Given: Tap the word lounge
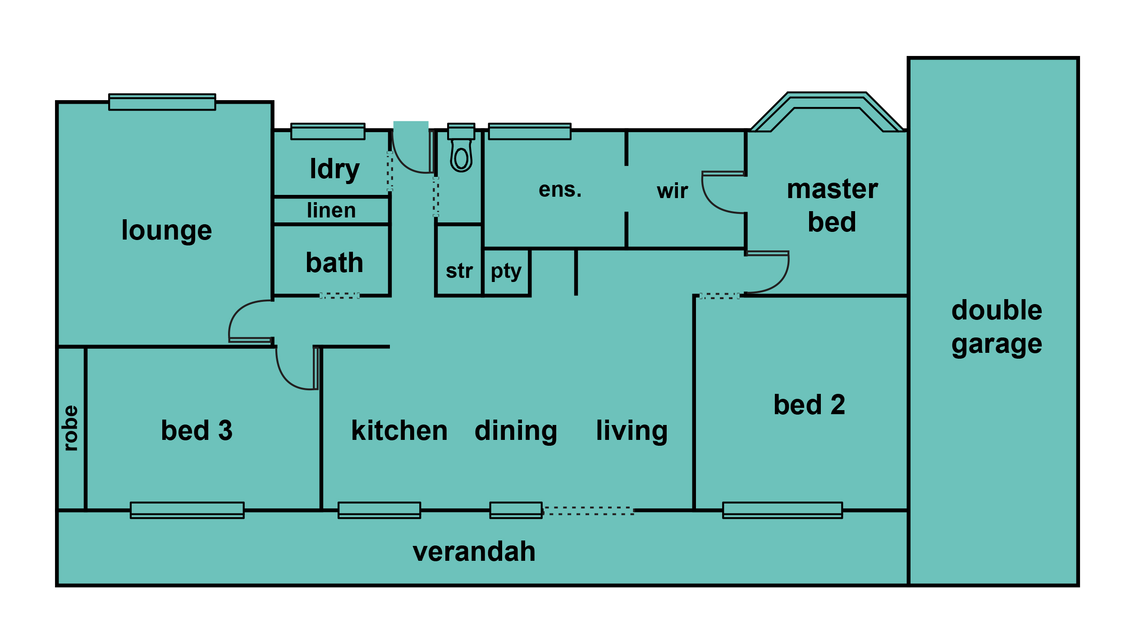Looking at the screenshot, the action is [x=167, y=231].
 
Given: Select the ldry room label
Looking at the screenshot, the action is [x=334, y=170].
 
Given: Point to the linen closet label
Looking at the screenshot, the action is [x=331, y=210].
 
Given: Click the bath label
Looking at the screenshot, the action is [x=334, y=263].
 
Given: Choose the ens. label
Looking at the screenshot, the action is [x=560, y=190].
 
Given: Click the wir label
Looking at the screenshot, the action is [x=673, y=191].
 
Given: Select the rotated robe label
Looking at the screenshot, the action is [x=70, y=428].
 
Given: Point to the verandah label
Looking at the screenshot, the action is [x=474, y=552].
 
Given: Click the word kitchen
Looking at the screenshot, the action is [x=399, y=431].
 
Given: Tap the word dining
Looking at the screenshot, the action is [x=516, y=432].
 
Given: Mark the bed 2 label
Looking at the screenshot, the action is [x=810, y=405].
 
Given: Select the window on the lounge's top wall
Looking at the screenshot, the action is [x=162, y=102].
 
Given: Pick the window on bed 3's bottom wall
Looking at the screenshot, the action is [x=187, y=510].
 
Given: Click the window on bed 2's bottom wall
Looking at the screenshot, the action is [x=783, y=510].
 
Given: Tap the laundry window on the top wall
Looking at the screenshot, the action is [x=328, y=131].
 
